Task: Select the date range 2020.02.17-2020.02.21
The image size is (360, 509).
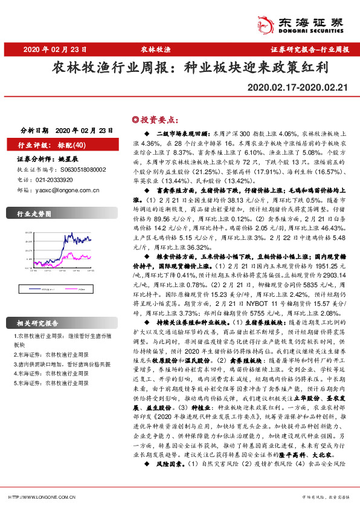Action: pos(298,88)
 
